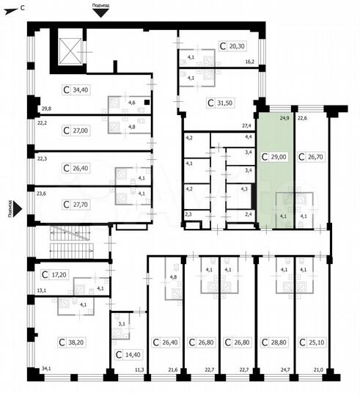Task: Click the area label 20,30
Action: tap(238, 45)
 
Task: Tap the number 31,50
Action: tap(224, 103)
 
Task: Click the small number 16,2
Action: tap(249, 63)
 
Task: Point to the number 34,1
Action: tap(46, 368)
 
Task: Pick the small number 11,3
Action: tap(139, 369)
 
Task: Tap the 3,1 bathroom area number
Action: tap(122, 323)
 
